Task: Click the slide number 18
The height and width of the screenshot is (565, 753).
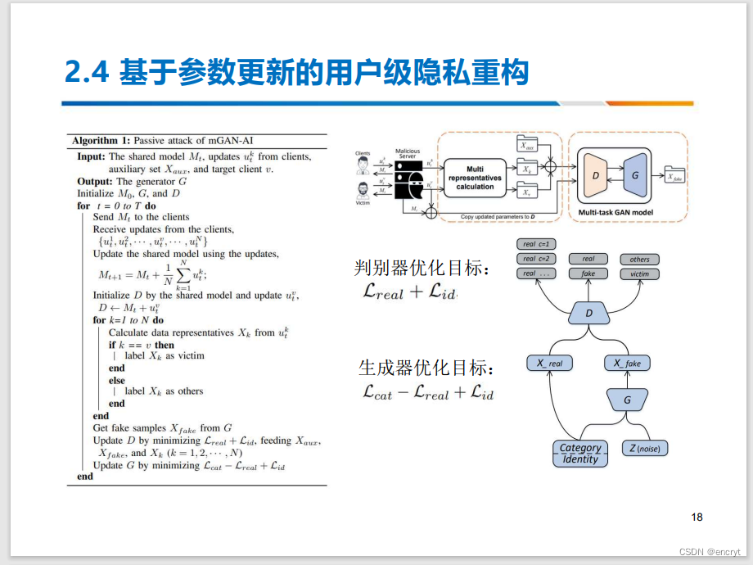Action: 697,517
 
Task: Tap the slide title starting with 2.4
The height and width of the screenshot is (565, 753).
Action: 295,73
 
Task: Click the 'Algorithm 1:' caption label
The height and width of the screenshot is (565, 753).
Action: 101,141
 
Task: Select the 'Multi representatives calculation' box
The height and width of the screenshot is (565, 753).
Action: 475,178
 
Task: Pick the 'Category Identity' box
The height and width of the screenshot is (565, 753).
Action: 580,453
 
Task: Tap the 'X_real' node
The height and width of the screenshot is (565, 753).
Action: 549,363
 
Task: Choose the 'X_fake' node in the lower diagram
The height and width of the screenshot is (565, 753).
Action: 627,363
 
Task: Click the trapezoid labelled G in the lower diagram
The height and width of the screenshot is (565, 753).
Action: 627,400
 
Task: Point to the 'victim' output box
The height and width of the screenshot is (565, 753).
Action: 639,274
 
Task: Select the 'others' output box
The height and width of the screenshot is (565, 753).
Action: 639,260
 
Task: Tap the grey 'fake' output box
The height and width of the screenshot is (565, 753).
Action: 588,274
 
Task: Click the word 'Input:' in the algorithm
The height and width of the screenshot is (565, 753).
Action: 92,156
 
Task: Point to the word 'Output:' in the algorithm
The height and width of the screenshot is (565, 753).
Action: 95,181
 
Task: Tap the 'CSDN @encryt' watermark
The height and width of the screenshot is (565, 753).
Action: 710,552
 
